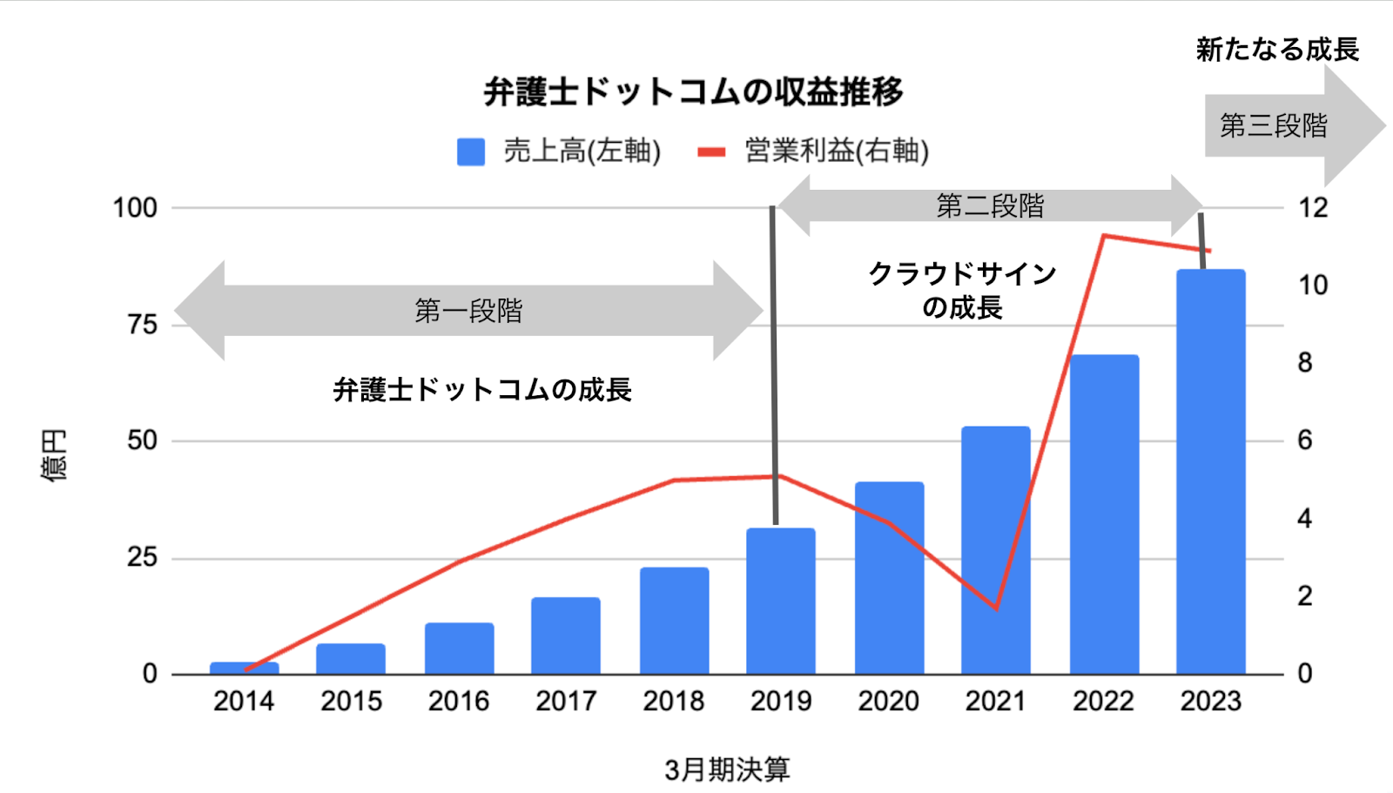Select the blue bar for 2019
[780, 601]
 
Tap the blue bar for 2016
[459, 649]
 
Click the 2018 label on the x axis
[673, 701]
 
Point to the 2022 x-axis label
[1103, 701]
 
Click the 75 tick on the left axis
[142, 325]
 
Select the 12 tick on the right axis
[1313, 208]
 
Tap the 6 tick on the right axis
[1304, 440]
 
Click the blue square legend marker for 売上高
[471, 151]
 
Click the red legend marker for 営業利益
[711, 152]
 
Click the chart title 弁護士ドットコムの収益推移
[693, 91]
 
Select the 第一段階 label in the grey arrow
[468, 311]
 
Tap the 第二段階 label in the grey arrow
[990, 206]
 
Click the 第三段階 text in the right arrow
[1273, 126]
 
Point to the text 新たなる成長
[1277, 50]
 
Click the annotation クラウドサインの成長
[962, 291]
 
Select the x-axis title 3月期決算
[727, 769]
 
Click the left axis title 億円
[54, 455]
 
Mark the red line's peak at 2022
[1103, 235]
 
